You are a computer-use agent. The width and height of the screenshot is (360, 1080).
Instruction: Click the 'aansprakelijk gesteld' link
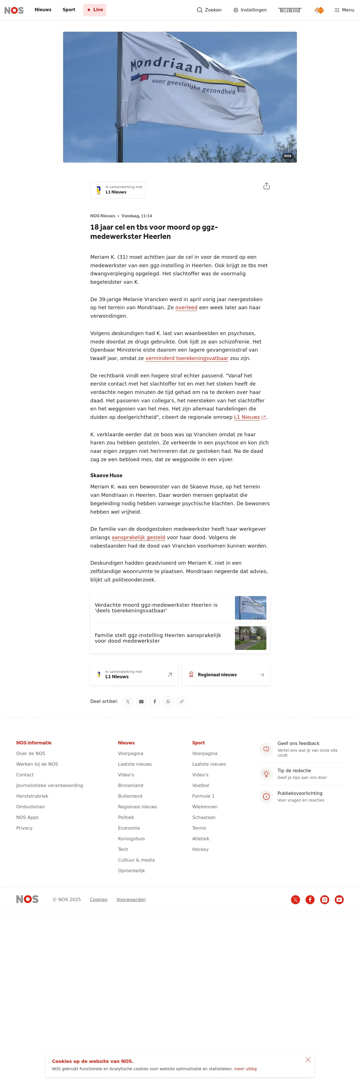pyautogui.click(x=138, y=537)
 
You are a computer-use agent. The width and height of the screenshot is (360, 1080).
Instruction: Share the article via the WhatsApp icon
pyautogui.click(x=168, y=701)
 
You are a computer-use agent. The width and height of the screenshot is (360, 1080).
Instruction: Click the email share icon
pyautogui.click(x=141, y=701)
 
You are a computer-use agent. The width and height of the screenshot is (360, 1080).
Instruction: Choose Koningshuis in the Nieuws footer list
pyautogui.click(x=131, y=839)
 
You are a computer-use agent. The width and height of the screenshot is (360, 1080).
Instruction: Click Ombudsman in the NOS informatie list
pyautogui.click(x=31, y=807)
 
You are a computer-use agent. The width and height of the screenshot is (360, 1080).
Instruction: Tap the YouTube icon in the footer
pyautogui.click(x=339, y=900)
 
